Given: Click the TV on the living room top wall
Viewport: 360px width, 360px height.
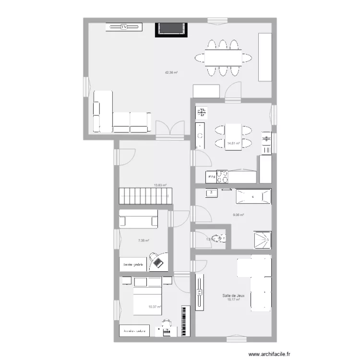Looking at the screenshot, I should tap(124, 27).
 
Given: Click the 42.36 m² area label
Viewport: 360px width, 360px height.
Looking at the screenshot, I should tap(171, 73).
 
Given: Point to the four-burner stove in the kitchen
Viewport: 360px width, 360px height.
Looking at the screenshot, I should tap(222, 177).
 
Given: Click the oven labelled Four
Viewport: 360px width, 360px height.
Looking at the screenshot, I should tap(211, 177).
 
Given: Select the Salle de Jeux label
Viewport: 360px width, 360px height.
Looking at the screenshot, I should tap(233, 296).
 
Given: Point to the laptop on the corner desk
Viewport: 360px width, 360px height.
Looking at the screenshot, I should tap(158, 262).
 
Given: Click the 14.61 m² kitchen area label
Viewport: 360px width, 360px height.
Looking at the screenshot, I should tap(233, 143).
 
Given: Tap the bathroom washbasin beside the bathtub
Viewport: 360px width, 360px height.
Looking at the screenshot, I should tap(212, 193).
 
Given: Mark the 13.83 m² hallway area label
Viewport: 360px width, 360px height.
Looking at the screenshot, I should tap(160, 185).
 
